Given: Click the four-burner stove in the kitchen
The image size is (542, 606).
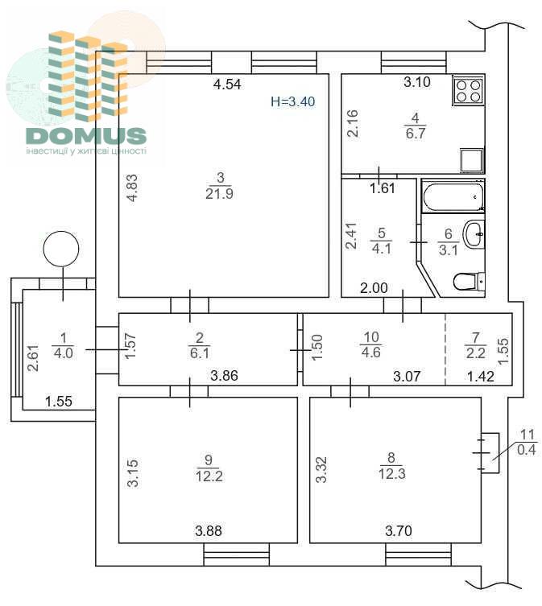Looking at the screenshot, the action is tap(468, 90).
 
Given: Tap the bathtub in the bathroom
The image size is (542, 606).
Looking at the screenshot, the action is tap(453, 196).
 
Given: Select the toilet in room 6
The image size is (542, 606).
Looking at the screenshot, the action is tap(469, 282).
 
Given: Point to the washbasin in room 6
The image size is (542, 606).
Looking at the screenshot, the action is tap(474, 234).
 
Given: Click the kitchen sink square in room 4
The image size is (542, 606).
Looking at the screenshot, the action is tap(472, 160).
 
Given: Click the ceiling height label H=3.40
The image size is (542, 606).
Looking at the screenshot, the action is tap(293, 101).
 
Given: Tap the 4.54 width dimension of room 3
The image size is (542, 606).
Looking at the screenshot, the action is tap(227, 85).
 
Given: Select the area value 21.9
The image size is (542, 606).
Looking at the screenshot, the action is tap(219, 193).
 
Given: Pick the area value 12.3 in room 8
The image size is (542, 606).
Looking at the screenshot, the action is tap(392, 474).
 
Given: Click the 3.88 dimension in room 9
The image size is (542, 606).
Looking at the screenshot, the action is tap(209, 530).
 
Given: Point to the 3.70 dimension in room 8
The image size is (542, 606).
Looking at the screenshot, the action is tap(399, 530).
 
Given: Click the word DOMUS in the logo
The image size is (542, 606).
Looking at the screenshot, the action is tap(86, 136).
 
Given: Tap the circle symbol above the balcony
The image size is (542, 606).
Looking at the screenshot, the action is tap(61, 249).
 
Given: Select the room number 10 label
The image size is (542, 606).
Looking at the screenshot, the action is tap(371, 337).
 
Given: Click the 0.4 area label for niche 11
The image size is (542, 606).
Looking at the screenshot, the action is tap(527, 450).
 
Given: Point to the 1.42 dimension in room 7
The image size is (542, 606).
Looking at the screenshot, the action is tap(481, 376).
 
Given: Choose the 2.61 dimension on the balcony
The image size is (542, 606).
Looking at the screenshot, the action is tap(34, 358).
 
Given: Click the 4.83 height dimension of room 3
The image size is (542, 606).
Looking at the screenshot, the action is tap(132, 188).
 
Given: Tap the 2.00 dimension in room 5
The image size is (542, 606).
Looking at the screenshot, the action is tap(374, 288).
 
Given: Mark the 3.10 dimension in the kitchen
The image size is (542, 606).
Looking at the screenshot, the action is tap(417, 82).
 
